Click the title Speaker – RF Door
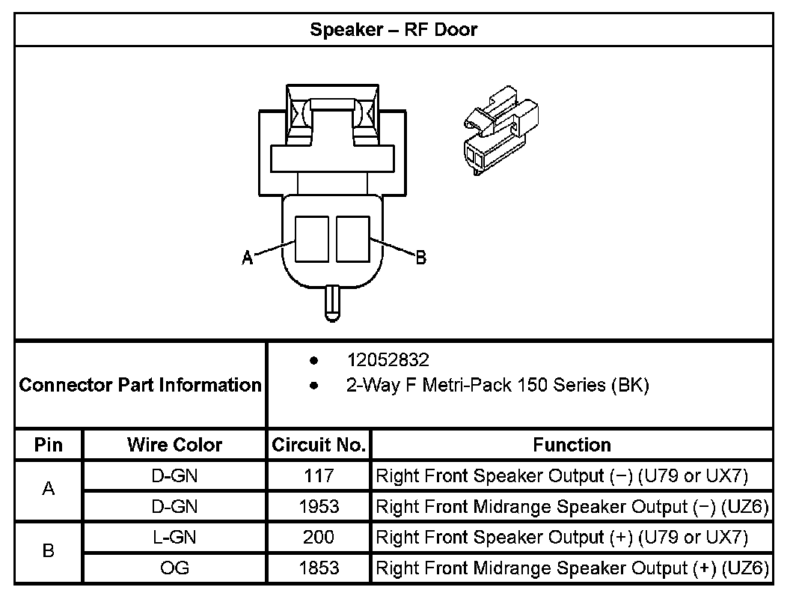click(394, 30)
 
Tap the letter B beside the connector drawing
click(420, 258)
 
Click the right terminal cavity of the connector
click(353, 239)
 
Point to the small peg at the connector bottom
click(331, 302)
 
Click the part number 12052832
click(388, 360)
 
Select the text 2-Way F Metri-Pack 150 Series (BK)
click(498, 386)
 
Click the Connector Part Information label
click(141, 385)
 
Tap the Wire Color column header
click(174, 445)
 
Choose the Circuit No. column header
click(319, 445)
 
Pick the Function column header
click(572, 445)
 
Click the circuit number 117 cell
click(319, 475)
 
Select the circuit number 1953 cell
click(319, 506)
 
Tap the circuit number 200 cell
click(319, 537)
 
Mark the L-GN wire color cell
click(174, 537)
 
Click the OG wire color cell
click(174, 568)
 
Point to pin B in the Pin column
click(49, 552)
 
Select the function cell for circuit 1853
click(572, 568)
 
